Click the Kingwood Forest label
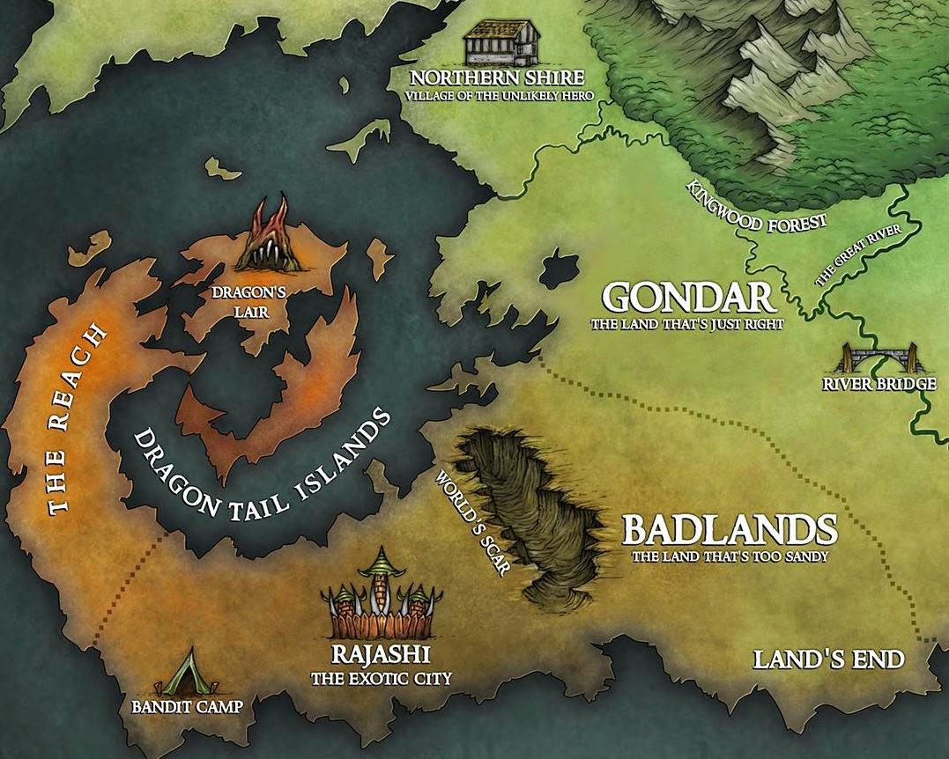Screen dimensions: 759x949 pyautogui.click(x=758, y=205)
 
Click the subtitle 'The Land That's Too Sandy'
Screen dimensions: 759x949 pyautogui.click(x=730, y=556)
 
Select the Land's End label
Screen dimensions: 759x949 pyautogui.click(x=827, y=660)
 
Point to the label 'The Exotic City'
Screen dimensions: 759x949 pyautogui.click(x=381, y=679)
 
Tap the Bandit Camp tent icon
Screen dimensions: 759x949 pyautogui.click(x=188, y=674)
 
